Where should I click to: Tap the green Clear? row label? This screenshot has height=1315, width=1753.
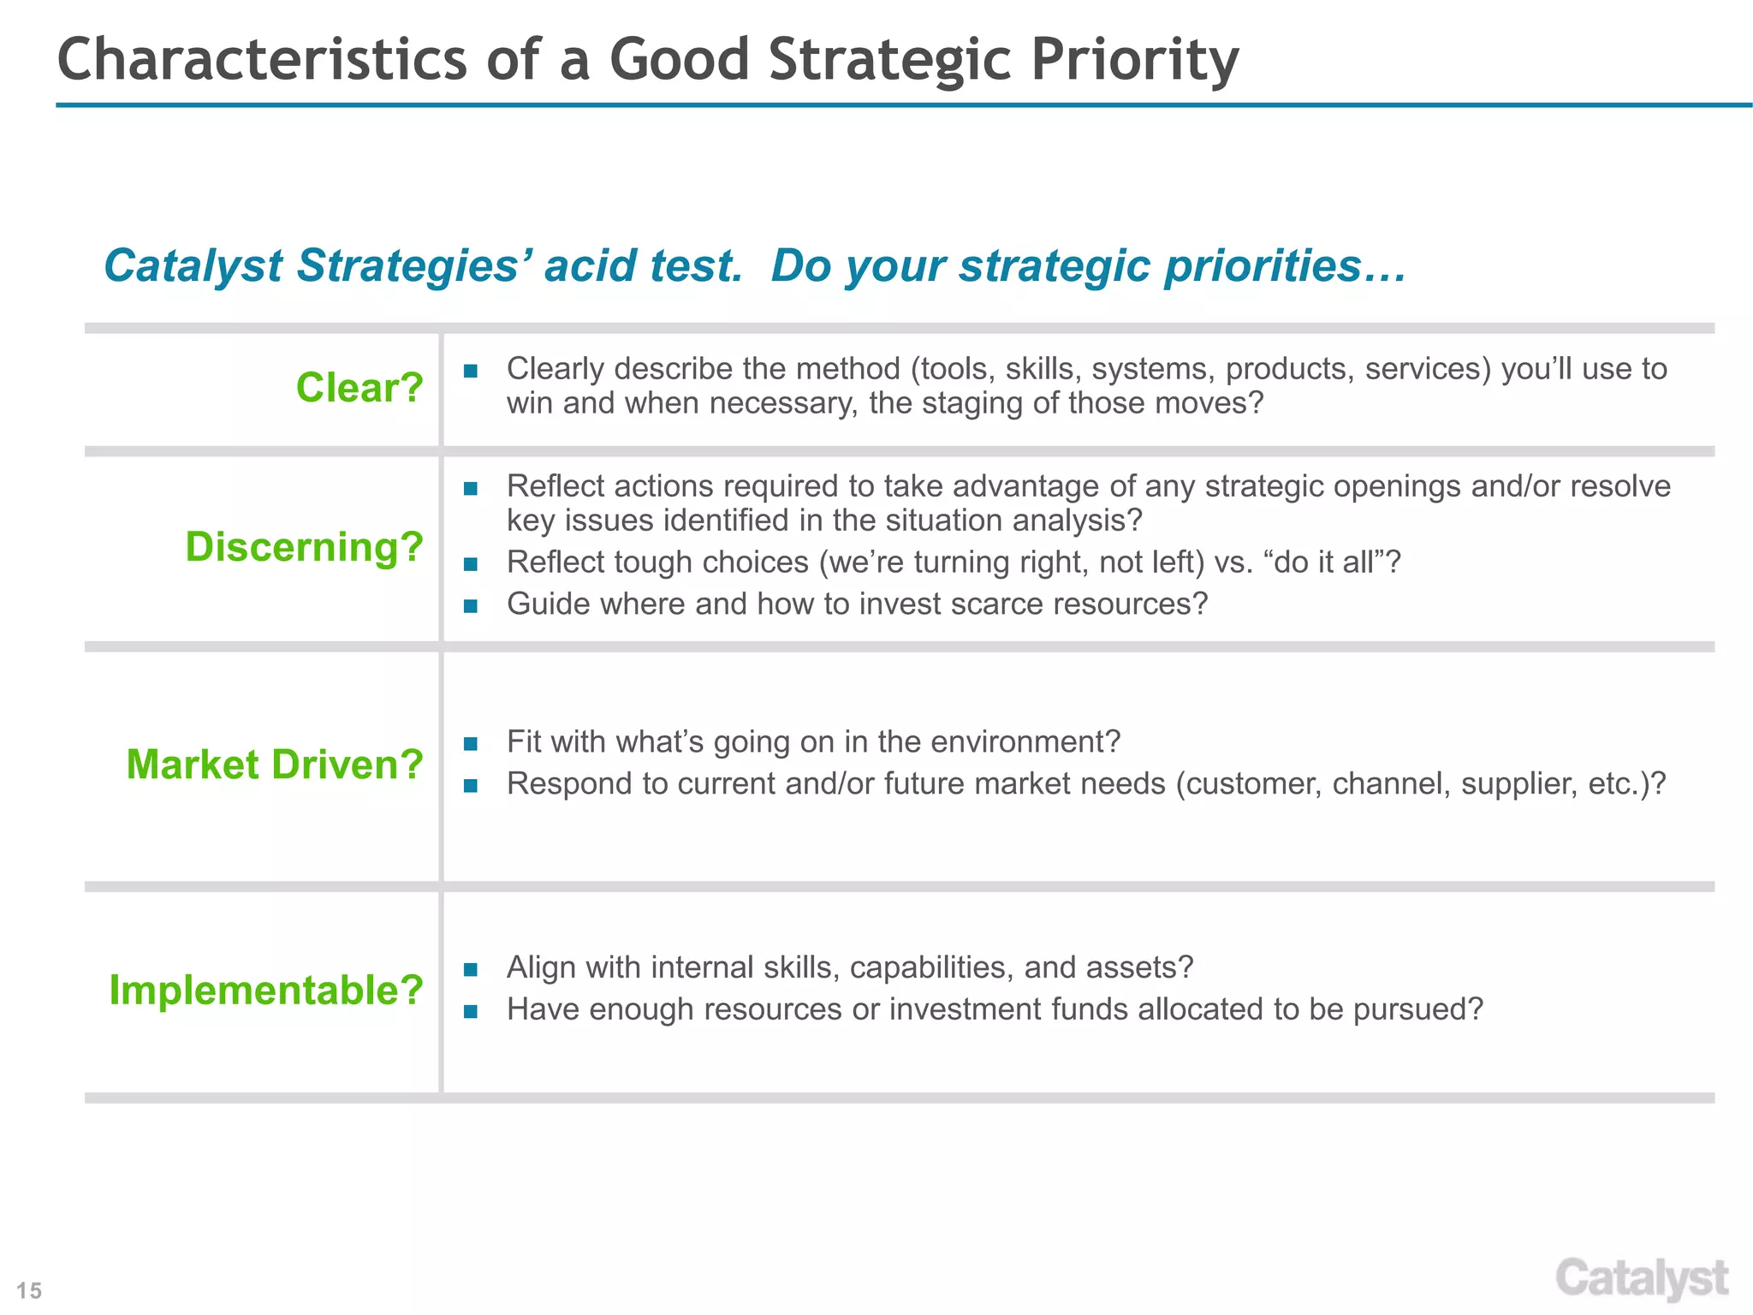[x=360, y=388]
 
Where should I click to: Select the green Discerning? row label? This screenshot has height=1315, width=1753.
[x=305, y=546]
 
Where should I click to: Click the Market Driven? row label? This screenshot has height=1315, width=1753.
[x=275, y=765]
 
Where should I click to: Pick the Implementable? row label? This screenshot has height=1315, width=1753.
[x=266, y=991]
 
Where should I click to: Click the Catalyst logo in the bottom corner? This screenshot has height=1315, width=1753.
[x=1641, y=1279]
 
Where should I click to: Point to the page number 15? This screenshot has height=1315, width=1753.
[x=29, y=1290]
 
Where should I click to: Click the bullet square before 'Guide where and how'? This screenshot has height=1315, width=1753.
[x=470, y=606]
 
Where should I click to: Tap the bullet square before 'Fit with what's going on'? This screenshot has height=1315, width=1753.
[x=470, y=743]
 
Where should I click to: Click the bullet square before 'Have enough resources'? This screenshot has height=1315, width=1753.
[x=470, y=1011]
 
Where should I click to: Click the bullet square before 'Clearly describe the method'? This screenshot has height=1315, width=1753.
[x=470, y=372]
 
